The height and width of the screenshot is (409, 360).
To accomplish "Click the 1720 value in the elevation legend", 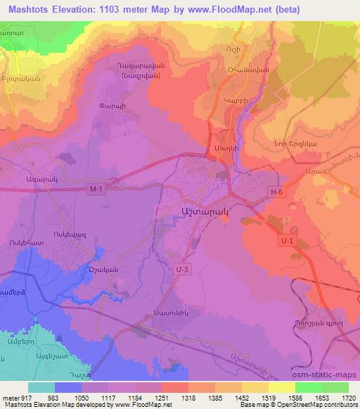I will click(347, 398).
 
